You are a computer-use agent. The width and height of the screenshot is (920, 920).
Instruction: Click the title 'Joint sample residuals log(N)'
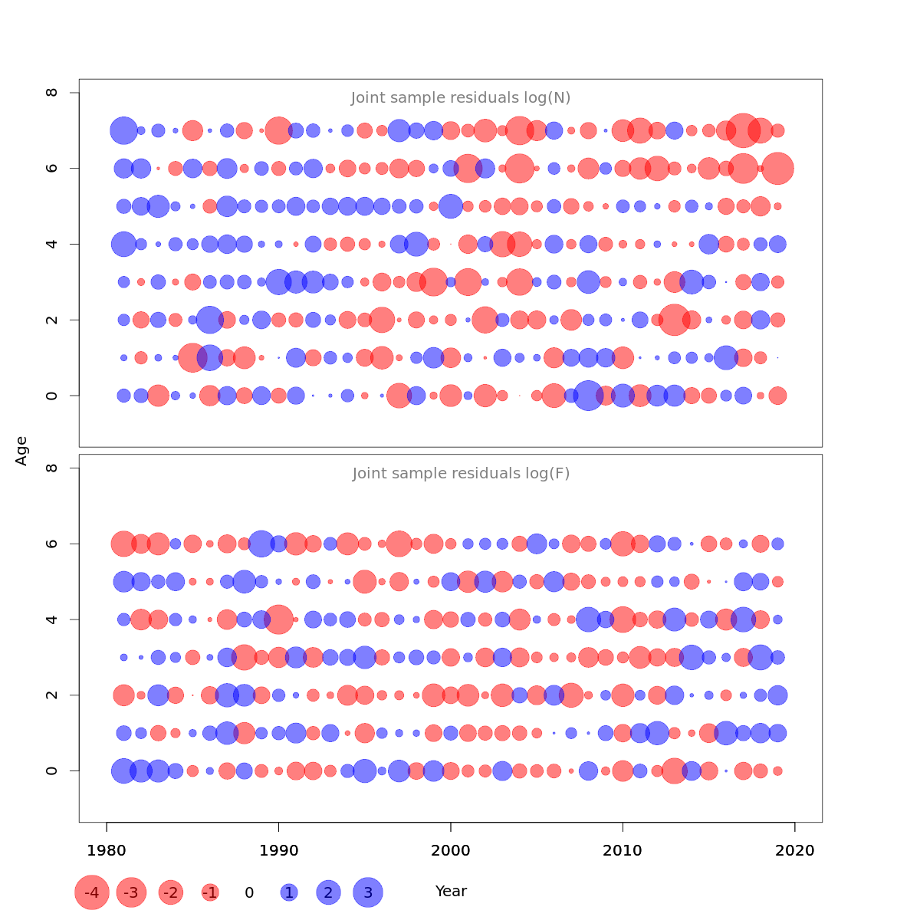coord(461,98)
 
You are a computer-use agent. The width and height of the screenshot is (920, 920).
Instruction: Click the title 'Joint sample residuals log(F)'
coord(461,474)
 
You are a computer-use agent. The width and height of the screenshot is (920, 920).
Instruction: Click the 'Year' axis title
coord(451,892)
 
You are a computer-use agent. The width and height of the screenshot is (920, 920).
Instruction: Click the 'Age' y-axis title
coord(22,451)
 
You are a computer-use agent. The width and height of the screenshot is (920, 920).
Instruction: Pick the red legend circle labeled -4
coord(92,892)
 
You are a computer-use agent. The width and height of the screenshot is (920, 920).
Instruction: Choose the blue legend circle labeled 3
coord(368,892)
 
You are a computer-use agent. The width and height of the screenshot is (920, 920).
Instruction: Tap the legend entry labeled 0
coord(249,892)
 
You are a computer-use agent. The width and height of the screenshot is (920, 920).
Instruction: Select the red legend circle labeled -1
coord(210,892)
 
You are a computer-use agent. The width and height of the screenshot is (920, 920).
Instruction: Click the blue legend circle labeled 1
coord(289,892)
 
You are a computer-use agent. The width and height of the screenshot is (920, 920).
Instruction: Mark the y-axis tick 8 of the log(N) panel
coord(52,93)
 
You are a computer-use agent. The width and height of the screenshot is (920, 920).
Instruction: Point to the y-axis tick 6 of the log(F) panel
coord(52,544)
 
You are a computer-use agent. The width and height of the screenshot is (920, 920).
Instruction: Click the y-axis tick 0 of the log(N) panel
coord(52,396)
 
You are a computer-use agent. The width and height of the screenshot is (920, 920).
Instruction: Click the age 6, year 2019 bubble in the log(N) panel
coord(778,169)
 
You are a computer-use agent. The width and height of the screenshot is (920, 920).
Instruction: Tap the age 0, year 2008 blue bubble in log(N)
coord(588,396)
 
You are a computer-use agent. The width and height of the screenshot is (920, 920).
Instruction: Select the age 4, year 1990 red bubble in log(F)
coord(278,619)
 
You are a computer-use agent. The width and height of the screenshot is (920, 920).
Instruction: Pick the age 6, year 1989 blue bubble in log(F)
coord(261,544)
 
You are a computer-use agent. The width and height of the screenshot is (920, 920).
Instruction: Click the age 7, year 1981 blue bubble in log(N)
coord(123,130)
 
